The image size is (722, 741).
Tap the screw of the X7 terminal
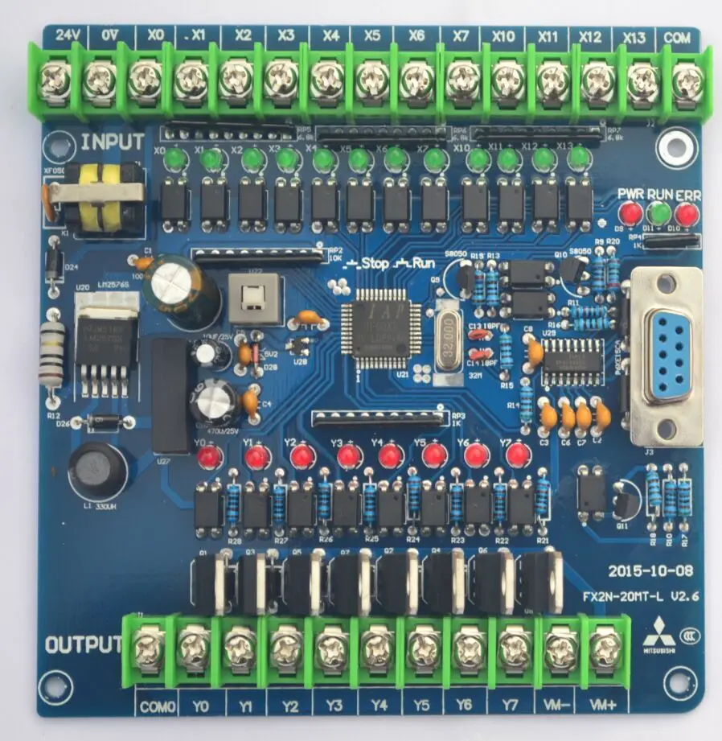click(x=461, y=79)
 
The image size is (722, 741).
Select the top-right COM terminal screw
click(x=686, y=79)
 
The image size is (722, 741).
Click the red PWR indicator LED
click(x=630, y=213)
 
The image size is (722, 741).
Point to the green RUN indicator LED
click(x=658, y=213)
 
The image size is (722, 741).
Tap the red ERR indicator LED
click(x=686, y=213)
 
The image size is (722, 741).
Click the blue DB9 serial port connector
click(x=667, y=354)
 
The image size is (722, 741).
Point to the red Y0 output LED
click(x=210, y=459)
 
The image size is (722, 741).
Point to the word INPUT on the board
click(x=113, y=142)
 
